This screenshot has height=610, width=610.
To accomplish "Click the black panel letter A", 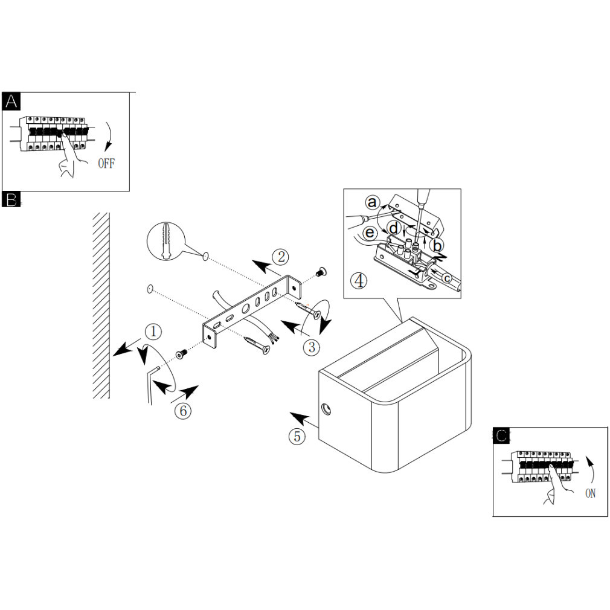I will (11, 101).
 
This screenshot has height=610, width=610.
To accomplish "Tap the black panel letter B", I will (11, 199).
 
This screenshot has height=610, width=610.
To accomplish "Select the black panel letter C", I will (501, 435).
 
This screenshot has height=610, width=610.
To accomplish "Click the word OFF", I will (106, 164).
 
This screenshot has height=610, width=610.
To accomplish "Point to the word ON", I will (590, 493).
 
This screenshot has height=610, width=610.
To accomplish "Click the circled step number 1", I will (153, 331).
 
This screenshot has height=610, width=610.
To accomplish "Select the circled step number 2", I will (280, 257).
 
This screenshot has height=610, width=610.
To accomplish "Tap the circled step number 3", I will (312, 347).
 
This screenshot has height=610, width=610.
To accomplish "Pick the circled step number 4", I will (359, 280).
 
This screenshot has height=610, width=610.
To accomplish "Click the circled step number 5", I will (296, 436).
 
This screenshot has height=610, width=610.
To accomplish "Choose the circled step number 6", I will (183, 410).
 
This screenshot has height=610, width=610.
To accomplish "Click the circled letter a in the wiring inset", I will (373, 202).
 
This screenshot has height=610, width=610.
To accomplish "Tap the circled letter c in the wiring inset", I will (446, 277).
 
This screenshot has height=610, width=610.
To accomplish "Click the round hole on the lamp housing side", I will (327, 409).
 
